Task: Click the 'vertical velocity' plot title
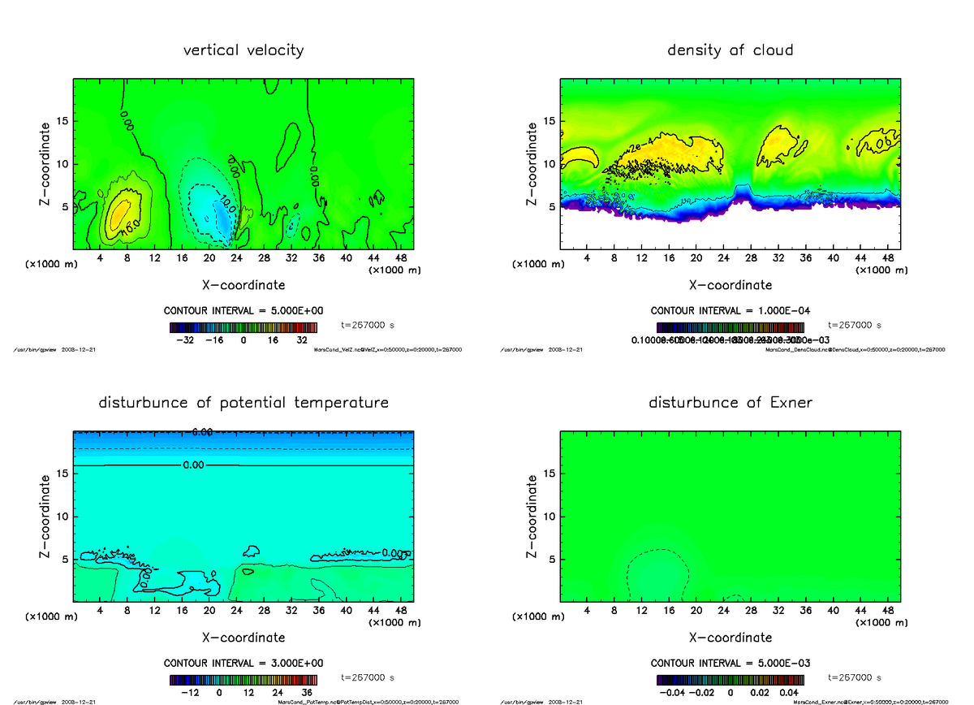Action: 243,50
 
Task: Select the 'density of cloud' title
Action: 730,50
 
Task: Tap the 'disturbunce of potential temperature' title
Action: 243,403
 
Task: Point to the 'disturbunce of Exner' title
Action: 730,403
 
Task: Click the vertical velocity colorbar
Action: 243,327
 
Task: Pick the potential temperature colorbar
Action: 243,679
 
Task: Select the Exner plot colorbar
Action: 730,679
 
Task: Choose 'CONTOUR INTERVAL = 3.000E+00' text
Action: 243,663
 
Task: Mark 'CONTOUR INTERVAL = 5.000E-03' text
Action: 730,663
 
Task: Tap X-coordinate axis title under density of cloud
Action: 730,285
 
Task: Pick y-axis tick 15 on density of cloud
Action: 549,121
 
